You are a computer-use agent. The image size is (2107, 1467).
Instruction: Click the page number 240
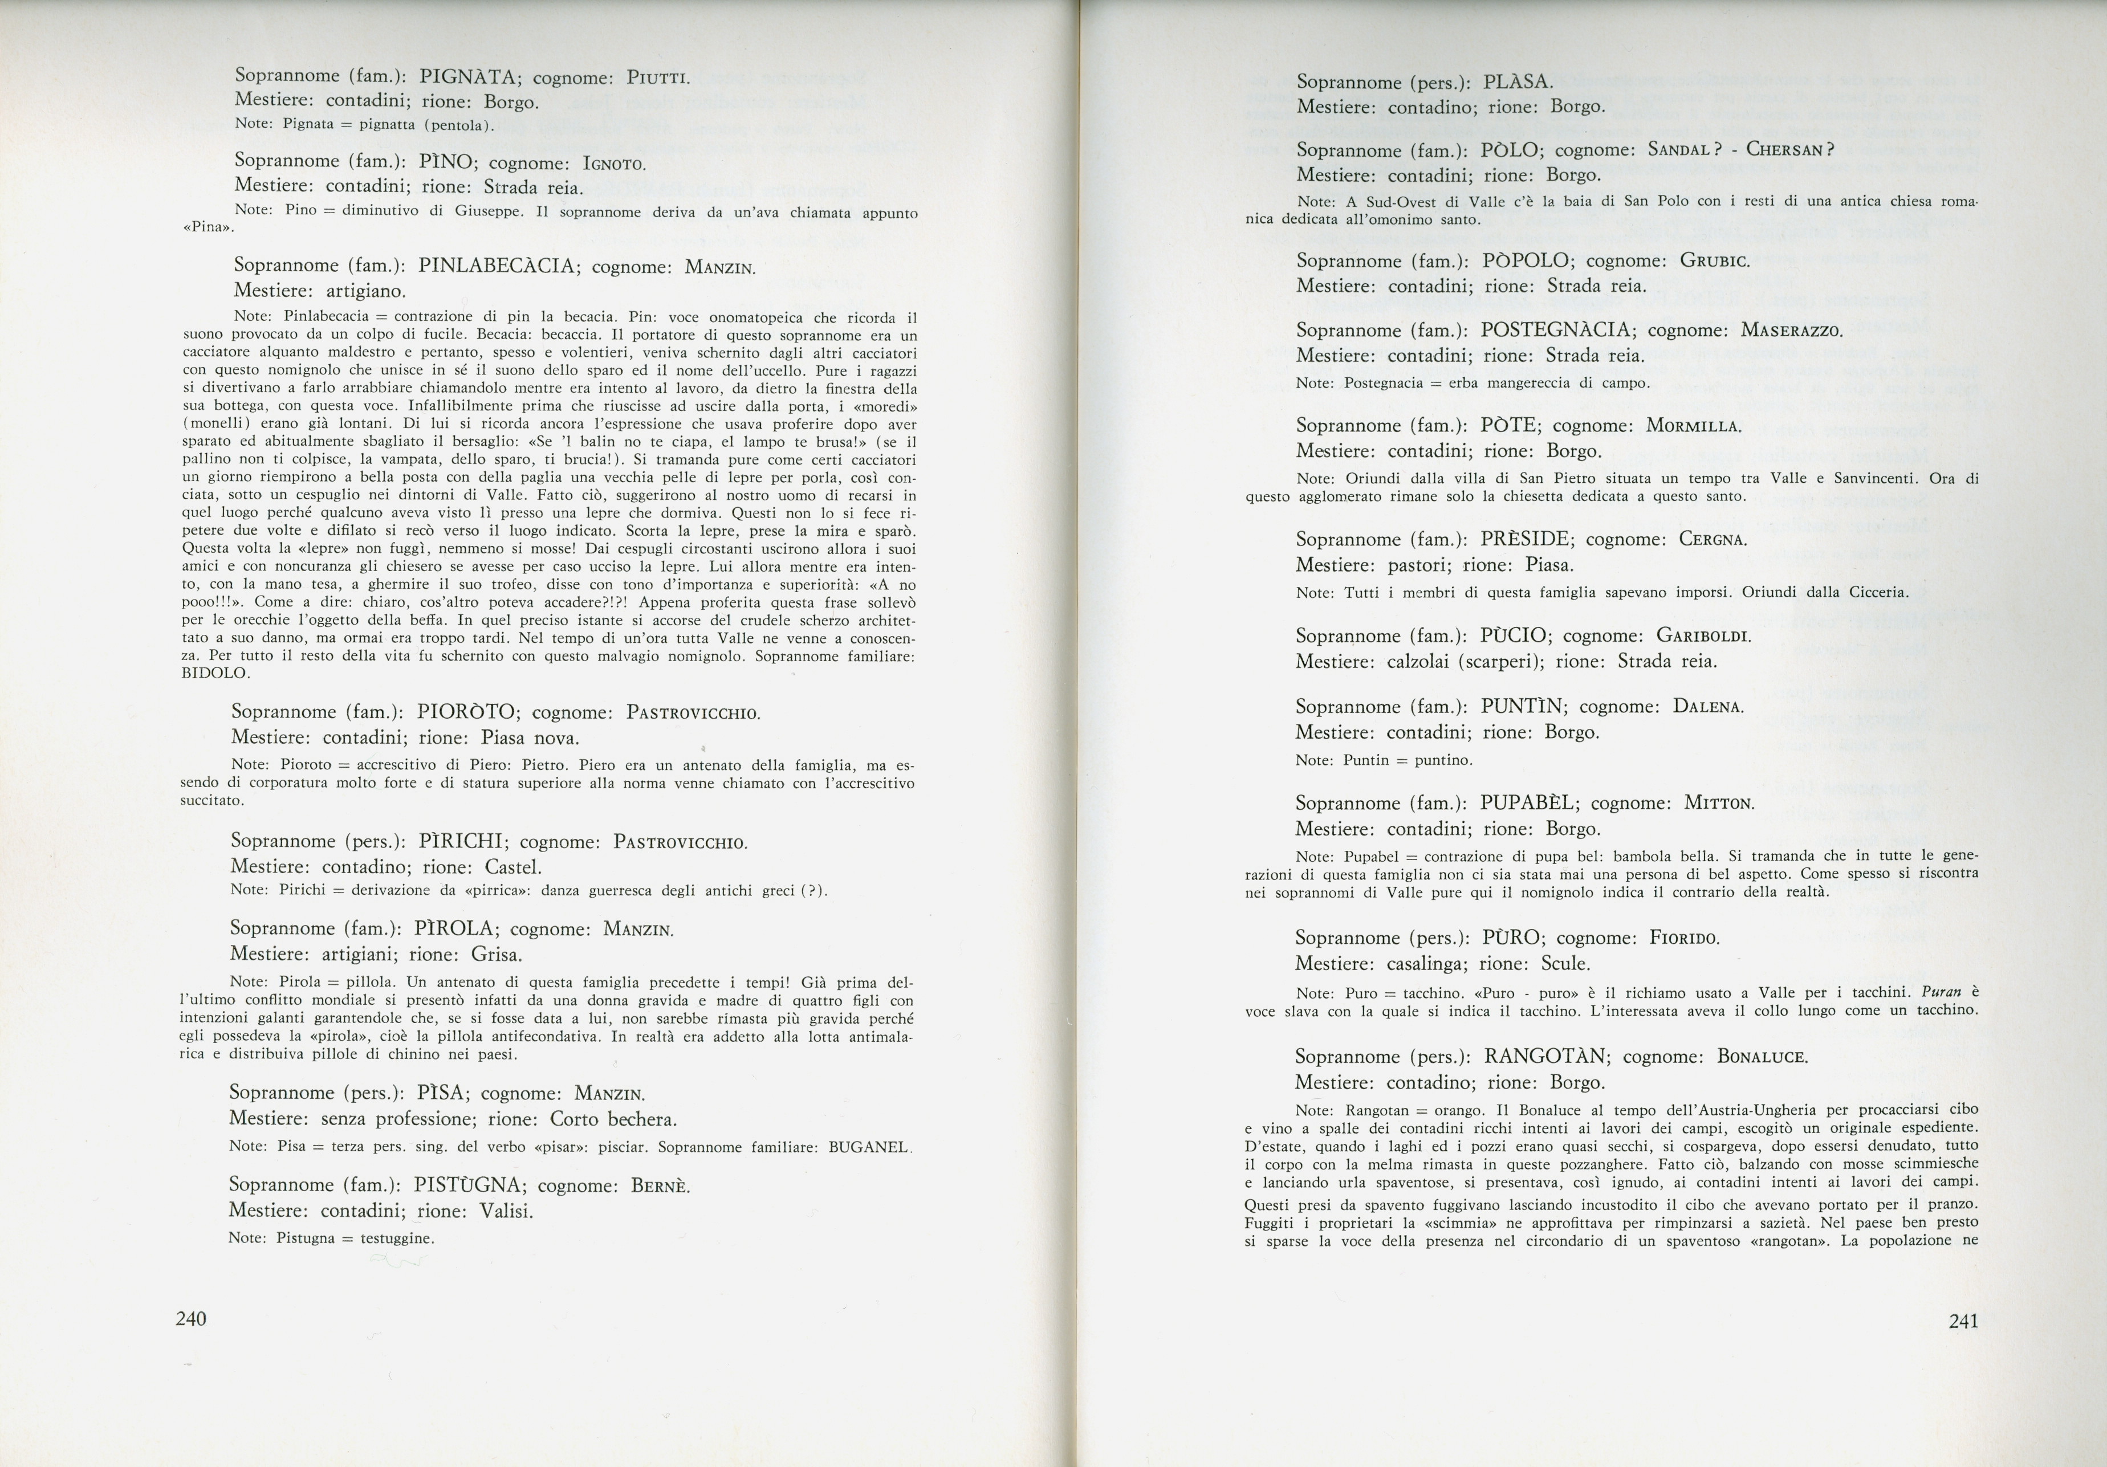191,1319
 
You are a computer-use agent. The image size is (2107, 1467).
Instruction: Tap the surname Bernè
660,1186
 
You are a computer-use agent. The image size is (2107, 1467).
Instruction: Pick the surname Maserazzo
1791,331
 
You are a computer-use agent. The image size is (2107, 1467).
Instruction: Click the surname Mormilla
1693,427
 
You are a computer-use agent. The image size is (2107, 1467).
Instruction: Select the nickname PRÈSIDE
1527,540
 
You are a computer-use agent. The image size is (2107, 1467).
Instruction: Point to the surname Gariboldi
1703,636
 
